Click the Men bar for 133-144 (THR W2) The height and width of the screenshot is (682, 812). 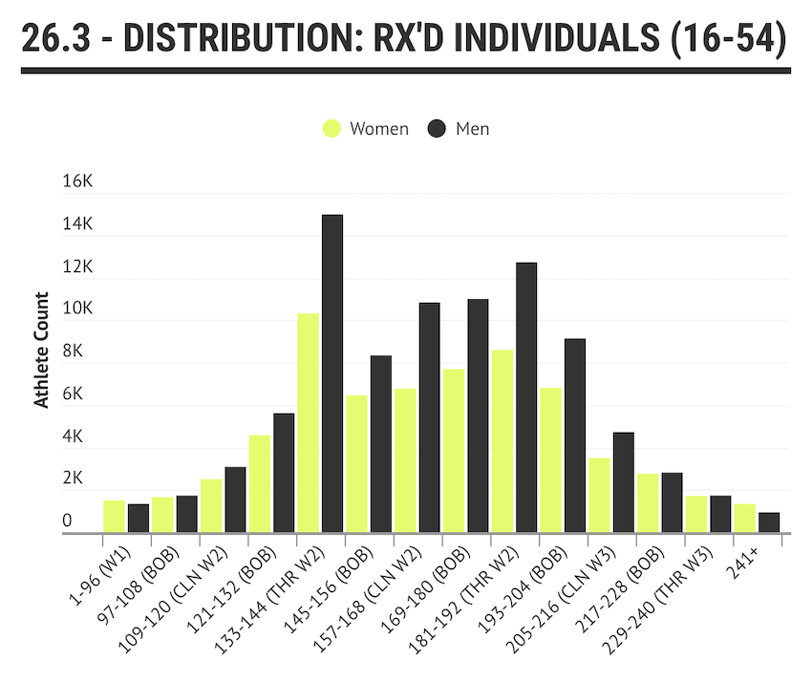click(331, 373)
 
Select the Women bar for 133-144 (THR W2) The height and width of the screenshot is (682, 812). click(308, 423)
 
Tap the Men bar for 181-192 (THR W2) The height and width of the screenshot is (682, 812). click(526, 397)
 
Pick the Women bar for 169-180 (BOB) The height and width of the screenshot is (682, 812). click(453, 451)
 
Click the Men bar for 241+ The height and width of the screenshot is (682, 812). click(769, 522)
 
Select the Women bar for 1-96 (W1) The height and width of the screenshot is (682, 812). click(114, 517)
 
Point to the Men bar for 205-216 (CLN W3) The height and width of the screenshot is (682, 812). click(623, 482)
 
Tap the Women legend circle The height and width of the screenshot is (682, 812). click(331, 128)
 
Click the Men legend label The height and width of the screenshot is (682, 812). click(472, 128)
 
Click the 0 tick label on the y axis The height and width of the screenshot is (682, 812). click(68, 521)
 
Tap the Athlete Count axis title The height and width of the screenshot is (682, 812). click(42, 351)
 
